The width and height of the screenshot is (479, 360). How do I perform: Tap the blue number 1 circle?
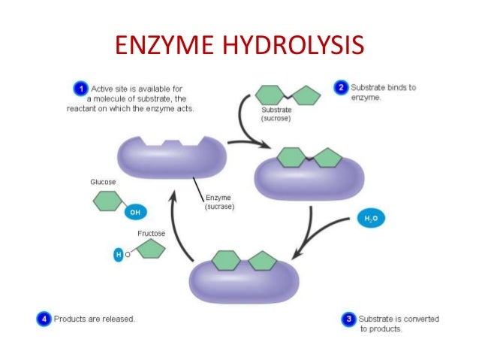pyautogui.click(x=80, y=89)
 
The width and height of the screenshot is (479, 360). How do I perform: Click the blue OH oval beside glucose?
pyautogui.click(x=135, y=212)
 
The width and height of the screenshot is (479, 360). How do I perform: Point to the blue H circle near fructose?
pyautogui.click(x=117, y=256)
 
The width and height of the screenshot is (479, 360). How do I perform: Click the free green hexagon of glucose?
pyautogui.click(x=107, y=201)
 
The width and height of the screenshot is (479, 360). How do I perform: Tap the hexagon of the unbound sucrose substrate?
pyautogui.click(x=272, y=95)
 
